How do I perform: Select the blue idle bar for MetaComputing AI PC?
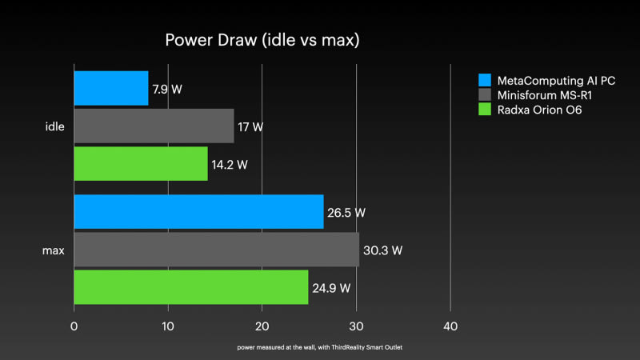point(111,88)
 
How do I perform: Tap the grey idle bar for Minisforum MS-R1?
point(154,126)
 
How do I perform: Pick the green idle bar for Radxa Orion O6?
point(141,163)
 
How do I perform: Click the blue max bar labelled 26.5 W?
point(198,211)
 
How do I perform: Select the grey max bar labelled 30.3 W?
point(216,249)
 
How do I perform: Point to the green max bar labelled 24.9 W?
point(191,286)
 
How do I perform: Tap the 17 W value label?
point(250,126)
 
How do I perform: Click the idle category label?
point(55,126)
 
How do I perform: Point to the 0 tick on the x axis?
point(74,326)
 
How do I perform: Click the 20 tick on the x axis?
point(262,326)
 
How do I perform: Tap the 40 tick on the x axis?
point(450,326)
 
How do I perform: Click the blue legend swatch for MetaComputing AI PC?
point(483,80)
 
